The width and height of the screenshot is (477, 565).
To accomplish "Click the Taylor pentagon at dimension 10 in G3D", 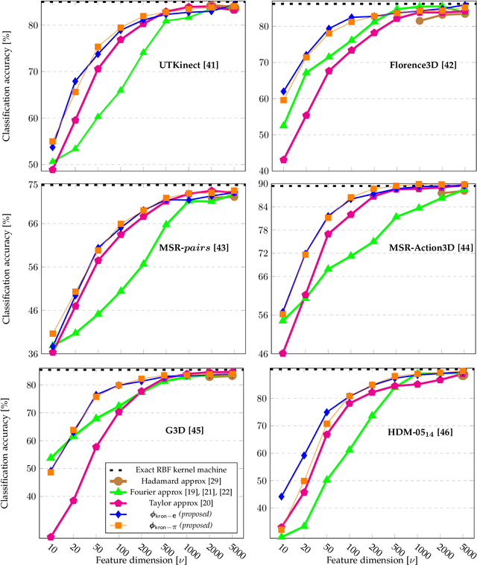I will [x=51, y=537].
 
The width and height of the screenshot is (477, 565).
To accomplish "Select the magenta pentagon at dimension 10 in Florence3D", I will [x=283, y=160].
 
